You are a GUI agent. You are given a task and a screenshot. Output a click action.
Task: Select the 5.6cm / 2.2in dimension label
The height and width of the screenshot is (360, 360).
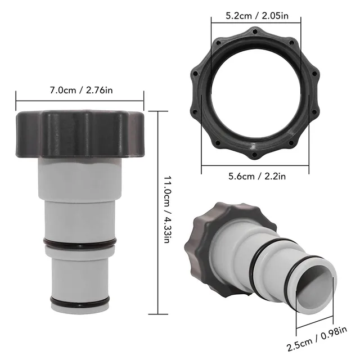pyautogui.click(x=256, y=176)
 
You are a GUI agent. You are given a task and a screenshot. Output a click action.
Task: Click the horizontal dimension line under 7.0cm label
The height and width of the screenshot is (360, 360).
pyautogui.click(x=80, y=100)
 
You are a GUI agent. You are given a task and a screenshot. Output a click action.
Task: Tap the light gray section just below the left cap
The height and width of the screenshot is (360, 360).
pyautogui.click(x=80, y=172)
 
